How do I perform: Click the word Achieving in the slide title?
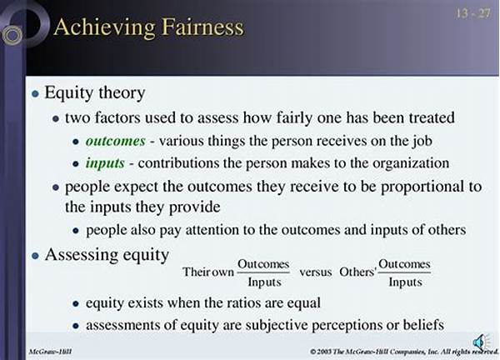pyautogui.click(x=104, y=27)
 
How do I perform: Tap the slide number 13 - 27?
pyautogui.click(x=473, y=13)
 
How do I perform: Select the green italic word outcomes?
pyautogui.click(x=116, y=141)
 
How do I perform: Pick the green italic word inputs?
pyautogui.click(x=105, y=163)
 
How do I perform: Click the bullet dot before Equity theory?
pyautogui.click(x=35, y=93)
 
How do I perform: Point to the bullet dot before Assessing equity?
pyautogui.click(x=35, y=256)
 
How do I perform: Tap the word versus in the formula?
pyautogui.click(x=316, y=272)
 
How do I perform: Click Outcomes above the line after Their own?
pyautogui.click(x=263, y=264)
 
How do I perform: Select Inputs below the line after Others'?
pyautogui.click(x=405, y=282)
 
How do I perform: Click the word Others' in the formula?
pyautogui.click(x=357, y=272)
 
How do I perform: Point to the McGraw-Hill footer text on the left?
pyautogui.click(x=50, y=352)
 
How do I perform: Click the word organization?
pyautogui.click(x=411, y=164)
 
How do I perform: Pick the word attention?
pyautogui.click(x=212, y=230)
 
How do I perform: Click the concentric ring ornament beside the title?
pyautogui.click(x=12, y=35)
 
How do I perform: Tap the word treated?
pyautogui.click(x=432, y=117)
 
